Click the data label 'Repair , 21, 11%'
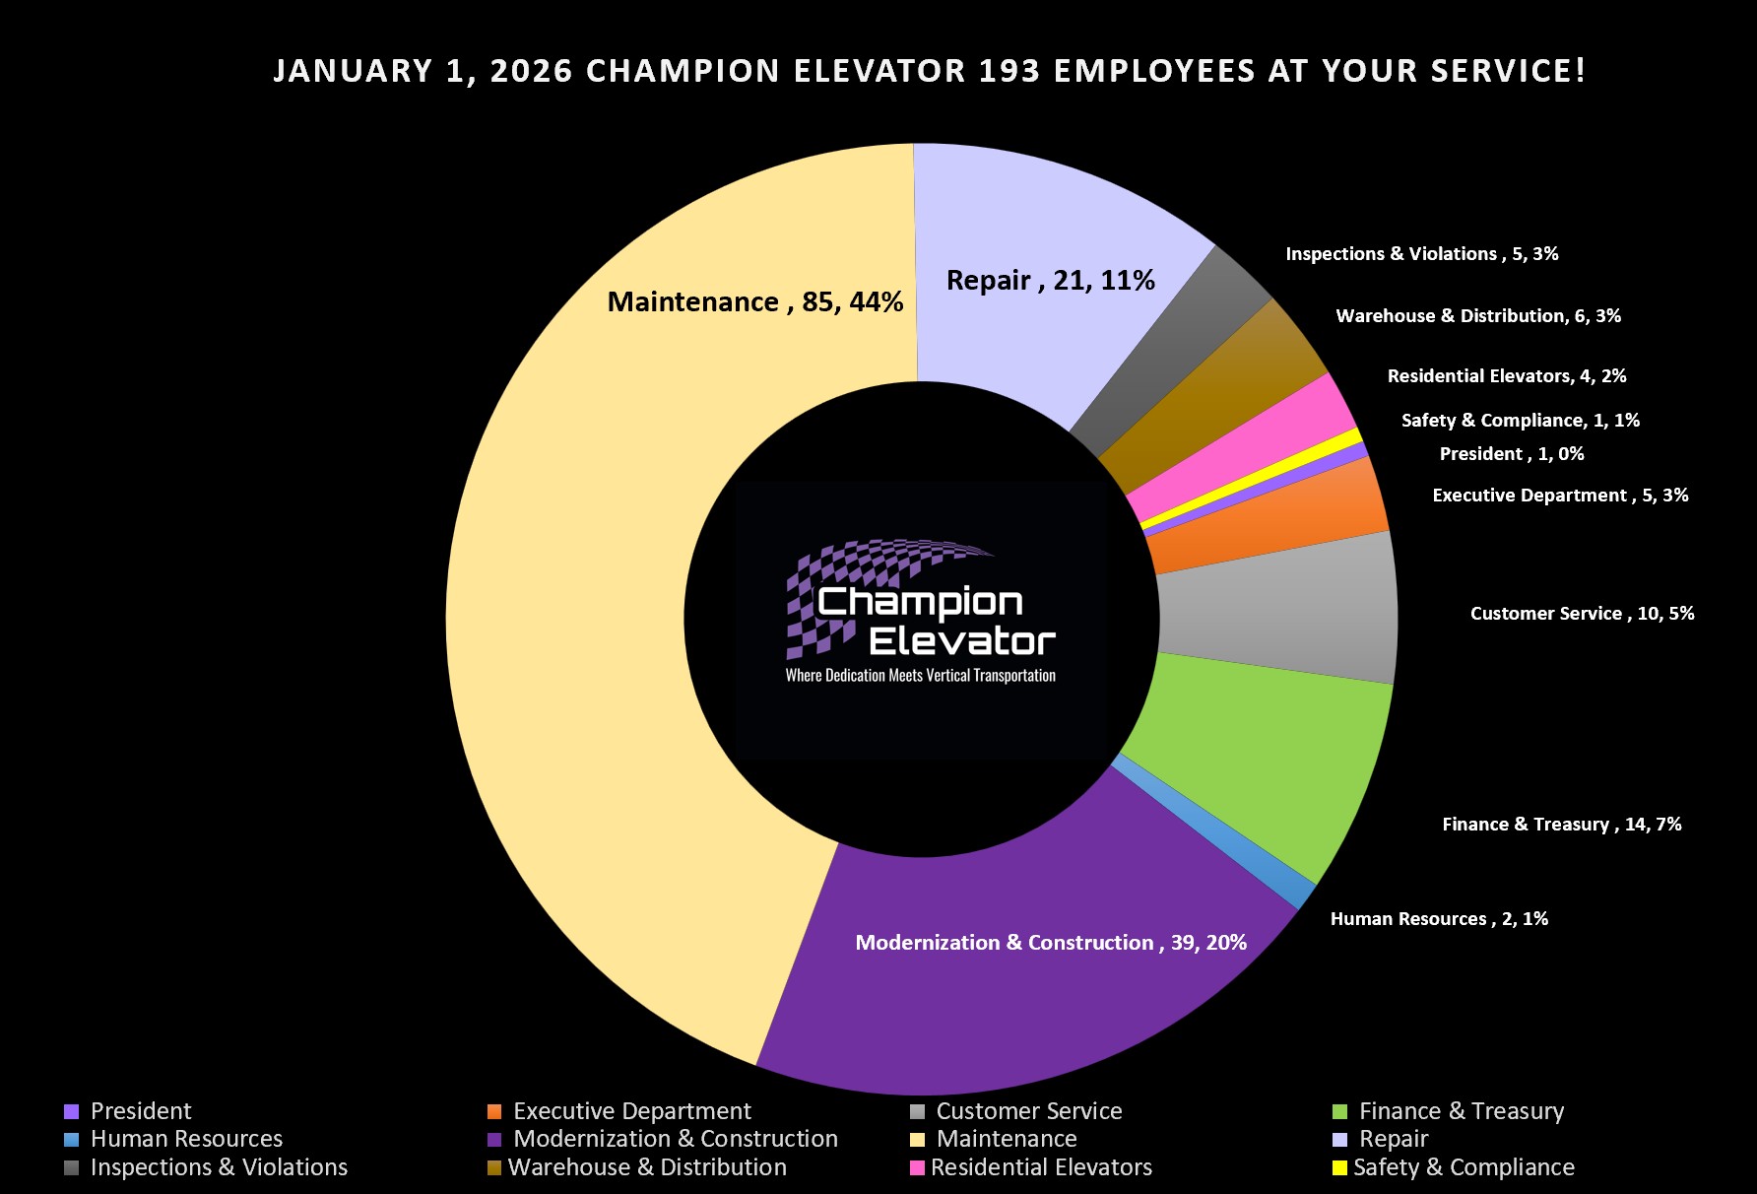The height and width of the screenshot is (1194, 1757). [x=1050, y=281]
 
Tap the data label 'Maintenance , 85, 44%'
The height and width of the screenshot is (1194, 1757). [x=754, y=301]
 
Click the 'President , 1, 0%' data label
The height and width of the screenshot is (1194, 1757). [x=1511, y=454]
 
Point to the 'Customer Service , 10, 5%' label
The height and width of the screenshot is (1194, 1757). [x=1582, y=614]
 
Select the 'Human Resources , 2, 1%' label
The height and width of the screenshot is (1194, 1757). [x=1439, y=919]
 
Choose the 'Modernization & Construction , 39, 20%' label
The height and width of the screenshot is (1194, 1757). [x=1051, y=943]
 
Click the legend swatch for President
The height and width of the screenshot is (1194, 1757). [x=71, y=1112]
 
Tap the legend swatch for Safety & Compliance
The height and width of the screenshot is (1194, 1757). [x=1339, y=1168]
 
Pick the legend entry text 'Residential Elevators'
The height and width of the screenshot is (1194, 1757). [x=1041, y=1168]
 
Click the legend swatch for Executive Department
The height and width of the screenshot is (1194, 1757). [x=494, y=1112]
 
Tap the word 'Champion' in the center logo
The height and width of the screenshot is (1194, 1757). [x=920, y=602]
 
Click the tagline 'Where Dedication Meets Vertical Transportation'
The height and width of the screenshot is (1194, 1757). [x=920, y=676]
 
